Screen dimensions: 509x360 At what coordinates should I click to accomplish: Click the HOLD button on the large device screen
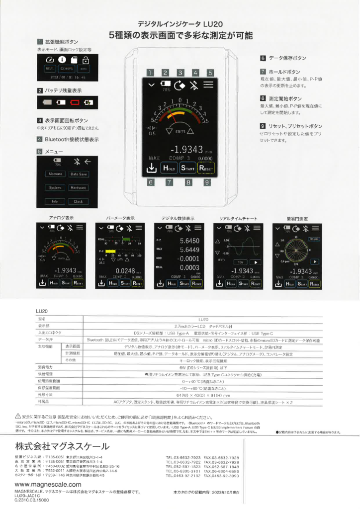click(169, 168)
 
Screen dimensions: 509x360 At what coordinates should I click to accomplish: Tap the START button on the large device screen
click(187, 168)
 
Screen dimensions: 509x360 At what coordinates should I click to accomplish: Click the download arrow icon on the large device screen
click(152, 168)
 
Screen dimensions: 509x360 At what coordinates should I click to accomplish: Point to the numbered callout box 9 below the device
click(206, 182)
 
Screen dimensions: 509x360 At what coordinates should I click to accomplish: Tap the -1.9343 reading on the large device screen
click(186, 149)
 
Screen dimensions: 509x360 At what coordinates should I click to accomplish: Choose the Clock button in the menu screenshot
click(79, 202)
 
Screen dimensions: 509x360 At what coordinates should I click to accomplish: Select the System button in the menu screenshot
click(55, 188)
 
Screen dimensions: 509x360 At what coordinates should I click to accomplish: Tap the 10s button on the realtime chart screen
click(241, 262)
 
